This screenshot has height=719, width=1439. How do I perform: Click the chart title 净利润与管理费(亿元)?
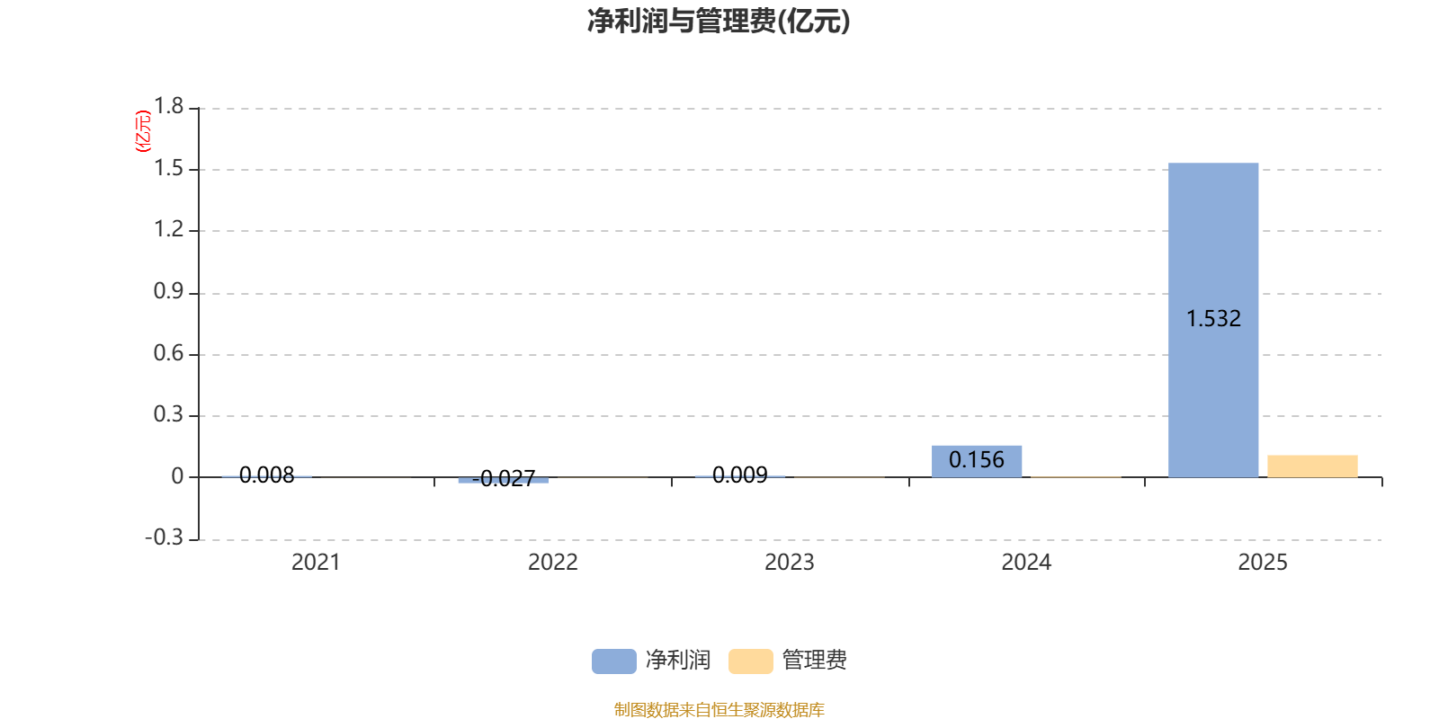[718, 22]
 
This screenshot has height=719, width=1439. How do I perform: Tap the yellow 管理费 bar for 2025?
[1312, 466]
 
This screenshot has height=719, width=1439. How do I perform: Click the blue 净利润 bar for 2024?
[977, 461]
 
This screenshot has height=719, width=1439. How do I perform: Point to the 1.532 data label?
[1213, 319]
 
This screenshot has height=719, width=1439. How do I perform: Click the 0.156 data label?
[977, 460]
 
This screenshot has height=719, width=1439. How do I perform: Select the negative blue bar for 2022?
[504, 480]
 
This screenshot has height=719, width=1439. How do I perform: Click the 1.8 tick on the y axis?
[168, 107]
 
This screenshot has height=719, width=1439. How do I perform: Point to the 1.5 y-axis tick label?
[168, 169]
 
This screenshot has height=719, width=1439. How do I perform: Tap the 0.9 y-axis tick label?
[168, 292]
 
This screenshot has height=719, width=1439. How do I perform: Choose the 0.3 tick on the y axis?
[168, 415]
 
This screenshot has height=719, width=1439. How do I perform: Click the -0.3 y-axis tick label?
[164, 537]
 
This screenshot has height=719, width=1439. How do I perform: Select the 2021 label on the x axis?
[316, 563]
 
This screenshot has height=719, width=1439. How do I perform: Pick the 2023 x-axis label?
[789, 563]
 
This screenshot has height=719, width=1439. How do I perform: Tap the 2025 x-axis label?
[1263, 563]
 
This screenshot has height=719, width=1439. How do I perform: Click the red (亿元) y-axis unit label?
[142, 131]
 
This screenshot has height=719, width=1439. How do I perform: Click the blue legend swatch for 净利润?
[613, 661]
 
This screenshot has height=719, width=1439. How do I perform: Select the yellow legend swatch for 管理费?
[750, 661]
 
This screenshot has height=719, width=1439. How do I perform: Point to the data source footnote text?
[719, 710]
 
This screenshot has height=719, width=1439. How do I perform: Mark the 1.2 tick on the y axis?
[168, 230]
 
